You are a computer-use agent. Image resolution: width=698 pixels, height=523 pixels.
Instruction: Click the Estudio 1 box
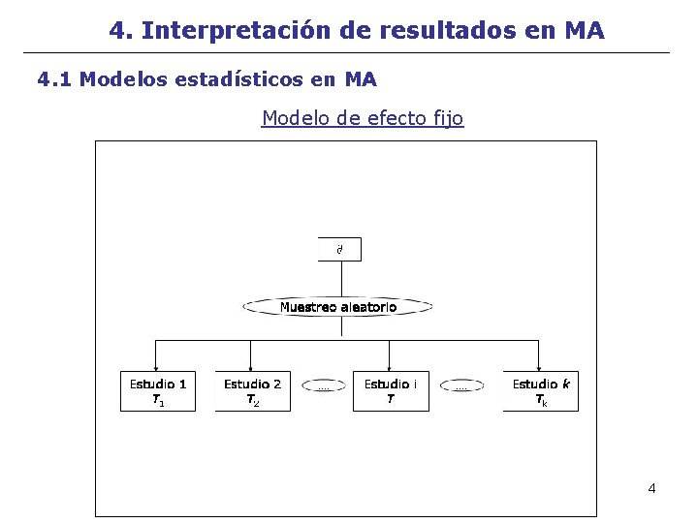[158, 390]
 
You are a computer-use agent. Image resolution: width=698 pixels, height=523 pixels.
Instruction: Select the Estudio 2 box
[252, 390]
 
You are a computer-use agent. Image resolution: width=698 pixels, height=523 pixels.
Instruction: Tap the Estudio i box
[390, 390]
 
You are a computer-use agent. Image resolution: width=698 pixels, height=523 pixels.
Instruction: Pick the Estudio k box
[540, 390]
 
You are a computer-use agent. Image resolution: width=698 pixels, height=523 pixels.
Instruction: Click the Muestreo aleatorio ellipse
[337, 307]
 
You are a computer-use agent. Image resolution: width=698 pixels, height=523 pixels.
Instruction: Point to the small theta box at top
[339, 249]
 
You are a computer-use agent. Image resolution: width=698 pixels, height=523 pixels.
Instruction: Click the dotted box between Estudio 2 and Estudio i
[323, 386]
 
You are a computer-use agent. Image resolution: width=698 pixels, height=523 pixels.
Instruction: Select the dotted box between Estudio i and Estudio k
[460, 386]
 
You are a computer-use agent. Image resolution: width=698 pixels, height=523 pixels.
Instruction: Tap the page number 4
[651, 488]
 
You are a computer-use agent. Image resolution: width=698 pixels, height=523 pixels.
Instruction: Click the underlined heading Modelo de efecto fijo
[363, 118]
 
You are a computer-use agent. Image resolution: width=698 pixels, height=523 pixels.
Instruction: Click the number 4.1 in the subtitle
[54, 79]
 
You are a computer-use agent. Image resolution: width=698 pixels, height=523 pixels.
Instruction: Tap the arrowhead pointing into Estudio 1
[158, 365]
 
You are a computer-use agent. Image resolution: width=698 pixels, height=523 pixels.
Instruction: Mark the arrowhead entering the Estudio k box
[539, 365]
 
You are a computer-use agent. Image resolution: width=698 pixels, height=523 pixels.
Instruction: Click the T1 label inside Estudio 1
[158, 401]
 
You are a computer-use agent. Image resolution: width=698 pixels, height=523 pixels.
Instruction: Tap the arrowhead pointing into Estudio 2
[251, 365]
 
